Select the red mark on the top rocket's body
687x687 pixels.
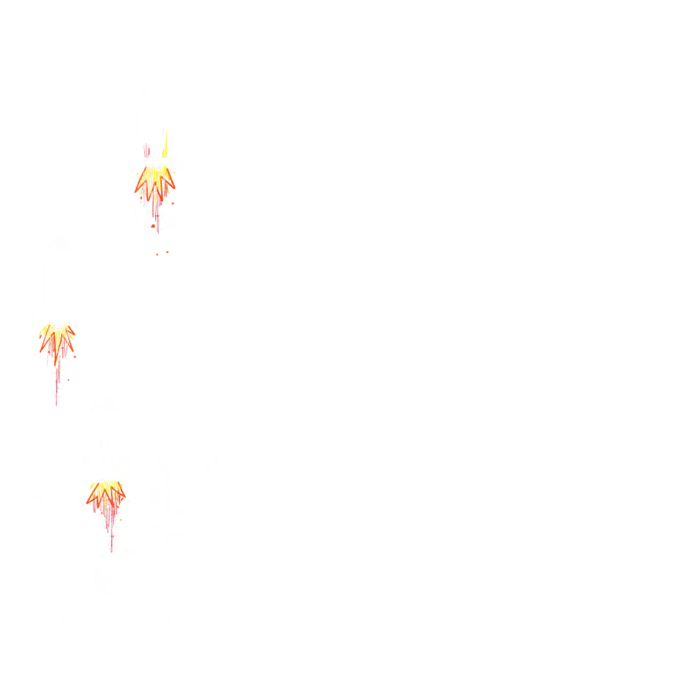tap(146, 148)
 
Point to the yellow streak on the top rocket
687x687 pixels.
tap(165, 142)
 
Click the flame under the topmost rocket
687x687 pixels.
tap(155, 185)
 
